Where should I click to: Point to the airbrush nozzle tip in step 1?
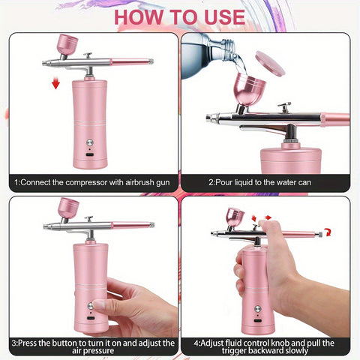coord(42,64)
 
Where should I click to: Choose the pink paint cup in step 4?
coord(235,217)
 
